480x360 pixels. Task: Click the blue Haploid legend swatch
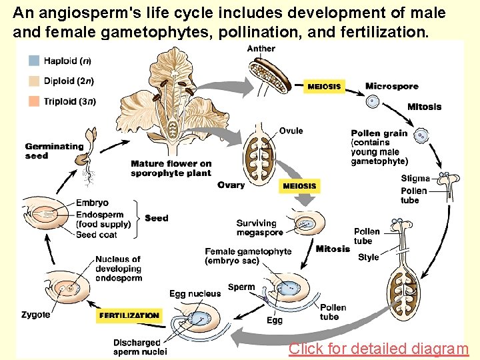(34, 61)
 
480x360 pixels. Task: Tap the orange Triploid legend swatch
(34, 101)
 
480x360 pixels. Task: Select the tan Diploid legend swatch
(34, 81)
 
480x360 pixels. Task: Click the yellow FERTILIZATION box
(129, 315)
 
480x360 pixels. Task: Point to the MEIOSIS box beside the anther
(324, 87)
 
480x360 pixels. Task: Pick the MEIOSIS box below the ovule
(299, 186)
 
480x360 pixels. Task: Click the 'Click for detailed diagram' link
(378, 349)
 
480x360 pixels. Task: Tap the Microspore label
(391, 86)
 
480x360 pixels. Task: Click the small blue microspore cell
(373, 101)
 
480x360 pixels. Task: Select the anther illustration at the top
(271, 75)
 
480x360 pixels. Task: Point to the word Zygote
(35, 315)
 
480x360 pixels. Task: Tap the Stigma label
(415, 179)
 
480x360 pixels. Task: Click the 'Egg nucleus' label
(195, 294)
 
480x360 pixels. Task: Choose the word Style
(368, 257)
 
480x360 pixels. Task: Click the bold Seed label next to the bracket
(157, 218)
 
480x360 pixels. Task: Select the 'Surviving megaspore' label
(259, 227)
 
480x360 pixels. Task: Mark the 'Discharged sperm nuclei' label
(139, 347)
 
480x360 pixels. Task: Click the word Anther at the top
(261, 49)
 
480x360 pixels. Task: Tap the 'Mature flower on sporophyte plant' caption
(171, 168)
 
